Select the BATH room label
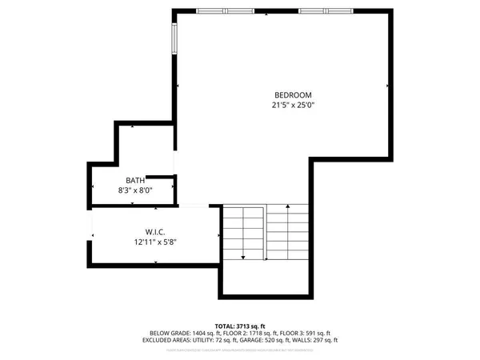point(135,180)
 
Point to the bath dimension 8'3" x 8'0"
point(135,190)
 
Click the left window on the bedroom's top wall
point(222,11)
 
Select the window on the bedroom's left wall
point(173,38)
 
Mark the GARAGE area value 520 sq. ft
point(286,339)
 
